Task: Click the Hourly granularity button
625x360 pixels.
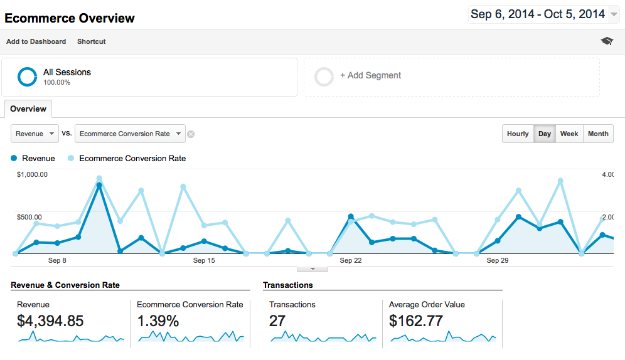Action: pos(518,134)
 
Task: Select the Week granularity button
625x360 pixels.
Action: pos(569,134)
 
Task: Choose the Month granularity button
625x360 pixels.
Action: pos(598,134)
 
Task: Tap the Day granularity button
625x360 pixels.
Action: pos(545,134)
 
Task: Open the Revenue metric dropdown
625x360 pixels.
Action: pos(35,134)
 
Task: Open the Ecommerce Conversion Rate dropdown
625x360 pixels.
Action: pos(130,134)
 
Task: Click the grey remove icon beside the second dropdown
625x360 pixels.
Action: pos(191,134)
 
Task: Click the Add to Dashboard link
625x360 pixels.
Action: pos(36,41)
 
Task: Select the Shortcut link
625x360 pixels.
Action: pos(91,41)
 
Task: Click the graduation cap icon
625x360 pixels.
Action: pos(607,41)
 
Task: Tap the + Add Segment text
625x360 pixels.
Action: pos(370,75)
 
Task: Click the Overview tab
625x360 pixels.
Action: pos(28,109)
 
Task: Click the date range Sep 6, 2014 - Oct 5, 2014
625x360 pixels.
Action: pos(538,14)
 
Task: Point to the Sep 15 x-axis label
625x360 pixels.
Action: pos(204,260)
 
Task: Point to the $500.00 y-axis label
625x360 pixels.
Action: pos(29,217)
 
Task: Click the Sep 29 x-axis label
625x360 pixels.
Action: pos(497,260)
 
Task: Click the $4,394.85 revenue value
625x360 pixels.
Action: pos(50,321)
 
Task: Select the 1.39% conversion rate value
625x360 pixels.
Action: pos(158,321)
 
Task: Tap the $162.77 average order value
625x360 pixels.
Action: pos(416,321)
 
